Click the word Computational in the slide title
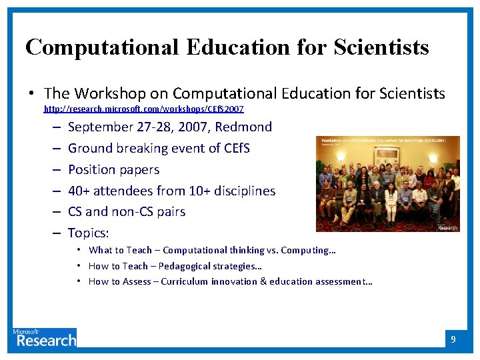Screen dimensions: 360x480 click(102, 47)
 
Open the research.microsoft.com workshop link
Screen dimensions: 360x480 click(143, 109)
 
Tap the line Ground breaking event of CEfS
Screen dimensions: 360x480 click(159, 148)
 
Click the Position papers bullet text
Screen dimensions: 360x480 click(113, 169)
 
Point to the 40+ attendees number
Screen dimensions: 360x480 click(79, 191)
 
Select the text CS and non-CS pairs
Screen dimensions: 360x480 click(127, 212)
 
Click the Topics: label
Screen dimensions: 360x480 click(89, 233)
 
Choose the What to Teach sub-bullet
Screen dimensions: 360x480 click(212, 251)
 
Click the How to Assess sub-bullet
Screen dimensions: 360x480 click(230, 281)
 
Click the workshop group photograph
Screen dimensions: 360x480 click(387, 184)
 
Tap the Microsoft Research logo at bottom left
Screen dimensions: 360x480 click(44, 338)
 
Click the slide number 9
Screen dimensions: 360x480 click(453, 340)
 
